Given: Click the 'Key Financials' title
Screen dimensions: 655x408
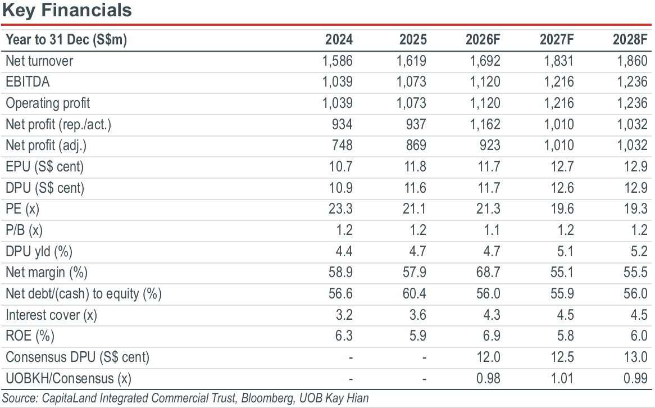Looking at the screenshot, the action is [x=67, y=11].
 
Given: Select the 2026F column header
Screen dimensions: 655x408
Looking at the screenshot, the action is [x=483, y=40].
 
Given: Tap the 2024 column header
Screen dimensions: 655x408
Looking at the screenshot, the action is [x=339, y=40].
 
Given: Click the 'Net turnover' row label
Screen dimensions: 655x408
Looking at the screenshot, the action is [x=39, y=61].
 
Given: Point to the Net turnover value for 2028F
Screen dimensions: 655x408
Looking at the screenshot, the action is [x=632, y=61].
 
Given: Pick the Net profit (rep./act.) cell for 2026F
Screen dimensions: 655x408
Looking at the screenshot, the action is [x=485, y=124].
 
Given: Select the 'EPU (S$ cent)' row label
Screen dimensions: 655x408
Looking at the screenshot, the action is [x=45, y=167].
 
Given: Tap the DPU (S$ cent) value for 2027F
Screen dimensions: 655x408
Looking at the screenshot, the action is [x=562, y=188].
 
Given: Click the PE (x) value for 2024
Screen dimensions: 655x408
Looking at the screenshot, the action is [x=340, y=208].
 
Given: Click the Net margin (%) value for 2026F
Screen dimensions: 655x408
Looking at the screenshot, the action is [x=488, y=272].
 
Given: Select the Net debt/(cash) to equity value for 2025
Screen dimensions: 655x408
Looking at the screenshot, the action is [x=415, y=293].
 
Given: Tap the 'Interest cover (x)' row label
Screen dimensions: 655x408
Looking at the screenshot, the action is [x=51, y=315].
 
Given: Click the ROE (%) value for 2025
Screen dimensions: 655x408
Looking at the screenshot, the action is [x=418, y=336].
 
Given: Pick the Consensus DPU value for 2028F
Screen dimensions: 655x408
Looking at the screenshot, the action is [x=635, y=357].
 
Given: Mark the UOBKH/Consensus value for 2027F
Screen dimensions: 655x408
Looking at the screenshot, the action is [x=562, y=378].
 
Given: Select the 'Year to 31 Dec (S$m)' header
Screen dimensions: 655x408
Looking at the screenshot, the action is [x=66, y=40].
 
